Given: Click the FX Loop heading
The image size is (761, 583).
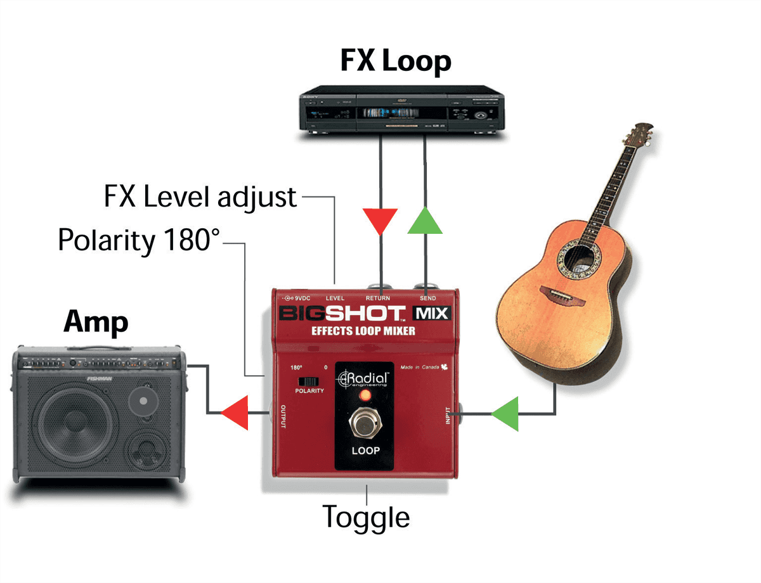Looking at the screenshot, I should tap(396, 61).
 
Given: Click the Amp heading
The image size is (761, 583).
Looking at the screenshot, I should tap(96, 323).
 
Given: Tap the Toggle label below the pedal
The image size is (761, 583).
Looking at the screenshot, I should tap(366, 516).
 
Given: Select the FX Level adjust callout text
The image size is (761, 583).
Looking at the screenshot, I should tap(200, 197).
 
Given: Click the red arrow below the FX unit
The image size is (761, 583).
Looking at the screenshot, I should tap(380, 221).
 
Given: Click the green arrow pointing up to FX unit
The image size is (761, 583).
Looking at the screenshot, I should tap(424, 221).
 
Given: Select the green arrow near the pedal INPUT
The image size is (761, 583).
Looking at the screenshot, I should tap(505, 414).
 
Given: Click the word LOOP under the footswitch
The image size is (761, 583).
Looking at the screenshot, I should tap(365, 451).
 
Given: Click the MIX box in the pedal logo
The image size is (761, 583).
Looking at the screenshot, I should tap(432, 313).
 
